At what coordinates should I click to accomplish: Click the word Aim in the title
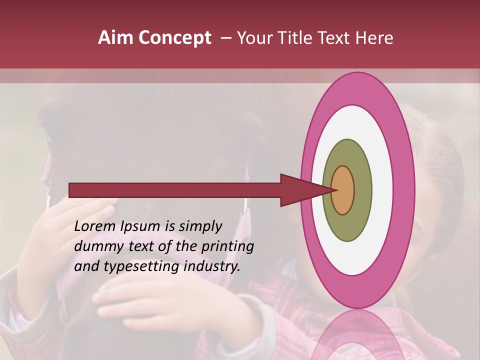[x=116, y=38]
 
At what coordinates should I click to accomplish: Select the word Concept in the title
[x=175, y=38]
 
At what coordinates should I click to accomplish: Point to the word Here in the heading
[x=374, y=38]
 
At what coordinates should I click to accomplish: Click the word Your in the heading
[x=255, y=38]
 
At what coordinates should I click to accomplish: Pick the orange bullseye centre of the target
[x=343, y=190]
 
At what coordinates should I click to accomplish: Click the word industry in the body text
[x=212, y=267]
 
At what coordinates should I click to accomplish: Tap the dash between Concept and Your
[x=225, y=38]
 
